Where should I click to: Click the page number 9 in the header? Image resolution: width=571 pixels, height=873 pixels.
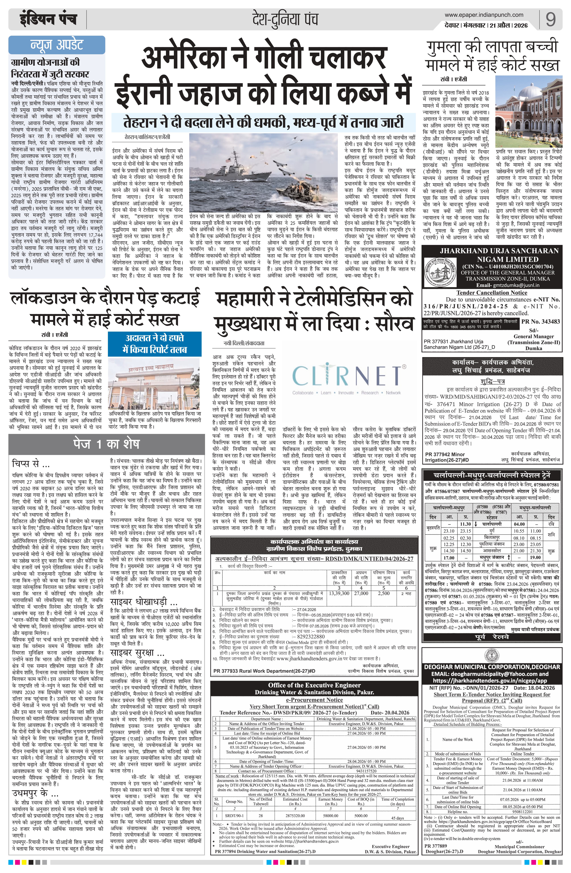550,19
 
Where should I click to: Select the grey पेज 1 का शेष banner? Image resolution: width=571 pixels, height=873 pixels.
106,444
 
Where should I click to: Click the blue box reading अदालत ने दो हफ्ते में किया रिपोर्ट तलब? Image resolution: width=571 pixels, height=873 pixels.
155,344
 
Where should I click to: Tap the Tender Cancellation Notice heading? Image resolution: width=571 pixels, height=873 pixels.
492,292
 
